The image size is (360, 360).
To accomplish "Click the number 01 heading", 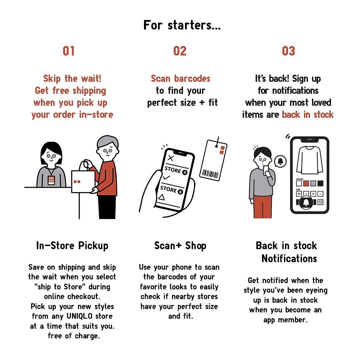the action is coord(69,51).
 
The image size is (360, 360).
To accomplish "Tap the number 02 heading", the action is coord(180,51).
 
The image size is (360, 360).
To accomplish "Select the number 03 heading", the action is coord(288,51).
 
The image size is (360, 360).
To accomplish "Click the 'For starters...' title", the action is coord(182,25).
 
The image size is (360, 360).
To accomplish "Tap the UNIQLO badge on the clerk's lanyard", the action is coord(51,180).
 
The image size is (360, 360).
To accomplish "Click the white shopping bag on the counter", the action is coord(83,181).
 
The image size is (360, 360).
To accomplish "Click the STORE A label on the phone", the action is coord(176,170).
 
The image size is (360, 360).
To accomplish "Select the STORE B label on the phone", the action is coord(172,190).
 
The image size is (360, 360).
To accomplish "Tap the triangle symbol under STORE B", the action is coord(162,197).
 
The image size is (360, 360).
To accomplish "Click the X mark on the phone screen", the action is coord(171,158).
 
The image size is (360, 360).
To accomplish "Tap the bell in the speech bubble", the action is coord(280,161).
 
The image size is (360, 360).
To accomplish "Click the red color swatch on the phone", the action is coord(306,183).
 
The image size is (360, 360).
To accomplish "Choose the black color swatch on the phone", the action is coord(320,183).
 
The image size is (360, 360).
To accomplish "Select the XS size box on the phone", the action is coord(299,194).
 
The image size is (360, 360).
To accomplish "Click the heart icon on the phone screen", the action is coord(320,202).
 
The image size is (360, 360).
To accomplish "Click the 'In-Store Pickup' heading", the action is coord(72,246).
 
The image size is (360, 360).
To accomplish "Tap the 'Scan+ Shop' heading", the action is coord(180,246).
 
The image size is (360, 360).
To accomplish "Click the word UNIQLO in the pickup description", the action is coord(79,316).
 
